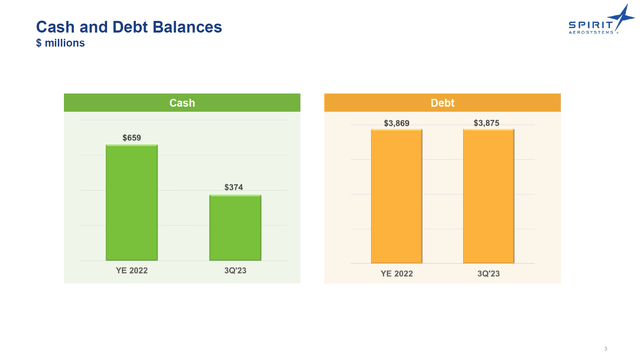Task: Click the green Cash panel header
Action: pyautogui.click(x=182, y=102)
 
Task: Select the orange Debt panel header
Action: pyautogui.click(x=442, y=102)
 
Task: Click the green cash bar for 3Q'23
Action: pyautogui.click(x=235, y=227)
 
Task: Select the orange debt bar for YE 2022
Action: pyautogui.click(x=396, y=195)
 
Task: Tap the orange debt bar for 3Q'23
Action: pyautogui.click(x=488, y=195)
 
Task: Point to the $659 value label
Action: pyautogui.click(x=132, y=136)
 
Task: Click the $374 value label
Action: pyautogui.click(x=235, y=186)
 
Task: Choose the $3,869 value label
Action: pyautogui.click(x=396, y=123)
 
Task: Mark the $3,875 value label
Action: pyautogui.click(x=488, y=123)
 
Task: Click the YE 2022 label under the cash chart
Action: pyautogui.click(x=132, y=270)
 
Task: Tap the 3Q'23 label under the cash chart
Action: pyautogui.click(x=235, y=270)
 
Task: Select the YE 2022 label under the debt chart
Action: pyautogui.click(x=396, y=273)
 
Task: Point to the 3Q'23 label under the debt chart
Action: pyautogui.click(x=488, y=273)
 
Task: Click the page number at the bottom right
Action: pyautogui.click(x=606, y=347)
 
